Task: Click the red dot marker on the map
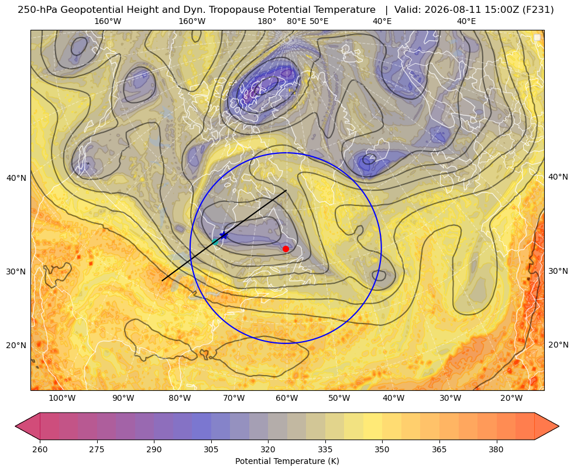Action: [286, 249]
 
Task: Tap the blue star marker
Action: [224, 235]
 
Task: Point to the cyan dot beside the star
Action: [215, 242]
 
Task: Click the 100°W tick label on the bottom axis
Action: [62, 398]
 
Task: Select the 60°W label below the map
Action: [287, 398]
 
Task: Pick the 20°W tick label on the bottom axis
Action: [511, 398]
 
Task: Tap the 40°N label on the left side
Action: [16, 178]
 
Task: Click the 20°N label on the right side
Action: [558, 345]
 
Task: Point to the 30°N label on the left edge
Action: [16, 271]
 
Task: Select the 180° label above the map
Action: [267, 21]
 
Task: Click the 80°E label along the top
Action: [296, 21]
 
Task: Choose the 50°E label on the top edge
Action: [319, 21]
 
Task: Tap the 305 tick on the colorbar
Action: [211, 449]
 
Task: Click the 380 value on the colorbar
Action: [496, 449]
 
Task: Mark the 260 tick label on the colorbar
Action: [40, 449]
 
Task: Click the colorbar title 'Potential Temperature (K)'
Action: [287, 461]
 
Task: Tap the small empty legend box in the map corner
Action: [537, 37]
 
